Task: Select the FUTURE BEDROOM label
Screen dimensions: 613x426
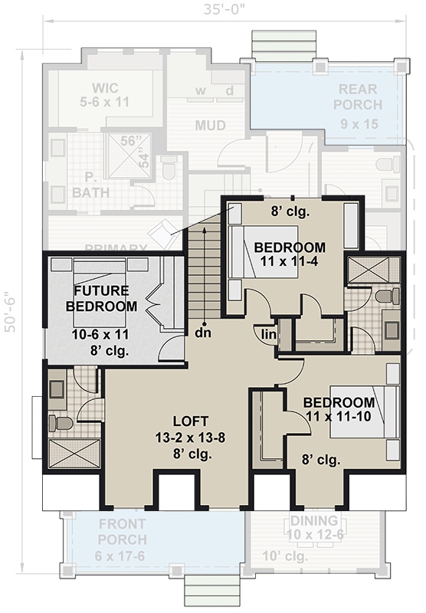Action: pos(106,298)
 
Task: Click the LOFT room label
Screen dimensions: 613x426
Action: pos(186,421)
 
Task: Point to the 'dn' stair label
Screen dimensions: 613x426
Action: pos(203,333)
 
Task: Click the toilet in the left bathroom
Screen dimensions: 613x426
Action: pos(62,423)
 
